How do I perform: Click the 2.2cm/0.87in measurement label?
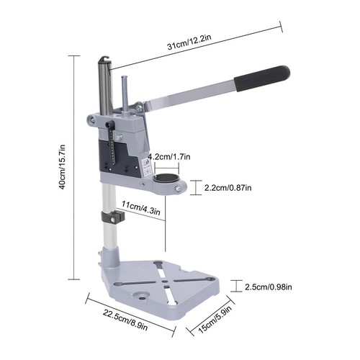[x=228, y=188]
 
